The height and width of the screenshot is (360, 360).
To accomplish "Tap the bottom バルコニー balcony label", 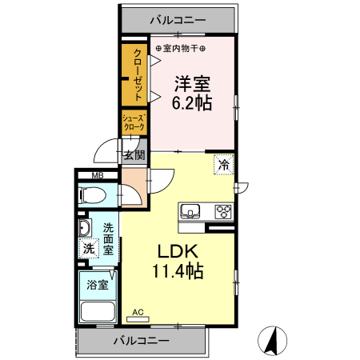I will (x=141, y=341).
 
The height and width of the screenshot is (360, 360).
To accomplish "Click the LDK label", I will (x=178, y=250).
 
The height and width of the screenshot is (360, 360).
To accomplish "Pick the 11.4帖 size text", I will (x=178, y=271).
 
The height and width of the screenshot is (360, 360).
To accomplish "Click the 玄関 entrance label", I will (x=133, y=155).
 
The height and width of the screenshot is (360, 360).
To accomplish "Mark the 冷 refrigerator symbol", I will (x=224, y=166).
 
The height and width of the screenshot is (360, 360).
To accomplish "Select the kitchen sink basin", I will (x=191, y=212).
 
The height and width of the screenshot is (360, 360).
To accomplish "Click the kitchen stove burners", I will (x=223, y=212).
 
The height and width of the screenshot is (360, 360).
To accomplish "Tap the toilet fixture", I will (x=94, y=194).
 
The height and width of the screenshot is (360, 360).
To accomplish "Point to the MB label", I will (x=97, y=176).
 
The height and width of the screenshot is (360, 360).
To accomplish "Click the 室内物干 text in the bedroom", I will (x=181, y=46).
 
